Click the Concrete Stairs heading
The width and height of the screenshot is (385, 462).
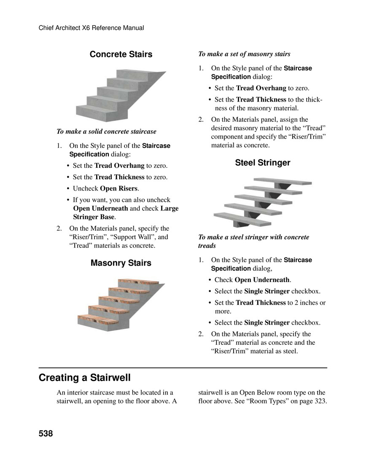click(x=121, y=54)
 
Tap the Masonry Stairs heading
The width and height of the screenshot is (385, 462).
click(x=121, y=263)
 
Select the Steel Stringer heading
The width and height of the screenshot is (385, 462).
click(x=262, y=163)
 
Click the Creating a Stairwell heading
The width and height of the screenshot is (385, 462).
click(x=84, y=377)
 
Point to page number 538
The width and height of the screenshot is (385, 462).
click(x=46, y=433)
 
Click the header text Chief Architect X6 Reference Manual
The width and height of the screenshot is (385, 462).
click(x=91, y=28)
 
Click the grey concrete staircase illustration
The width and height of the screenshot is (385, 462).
click(x=118, y=95)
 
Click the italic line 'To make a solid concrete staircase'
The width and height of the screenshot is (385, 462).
click(x=106, y=132)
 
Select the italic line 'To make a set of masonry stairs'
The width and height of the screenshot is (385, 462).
click(x=244, y=54)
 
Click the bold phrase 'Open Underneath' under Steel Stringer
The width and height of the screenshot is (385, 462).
click(x=262, y=279)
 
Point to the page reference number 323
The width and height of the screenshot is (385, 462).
click(x=320, y=401)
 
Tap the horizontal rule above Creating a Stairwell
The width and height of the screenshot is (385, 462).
click(x=183, y=368)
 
